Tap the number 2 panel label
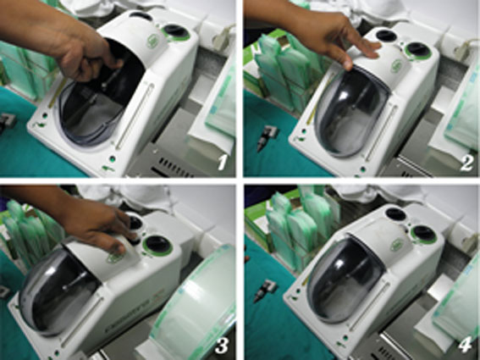465,161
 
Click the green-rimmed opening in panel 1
176,31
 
